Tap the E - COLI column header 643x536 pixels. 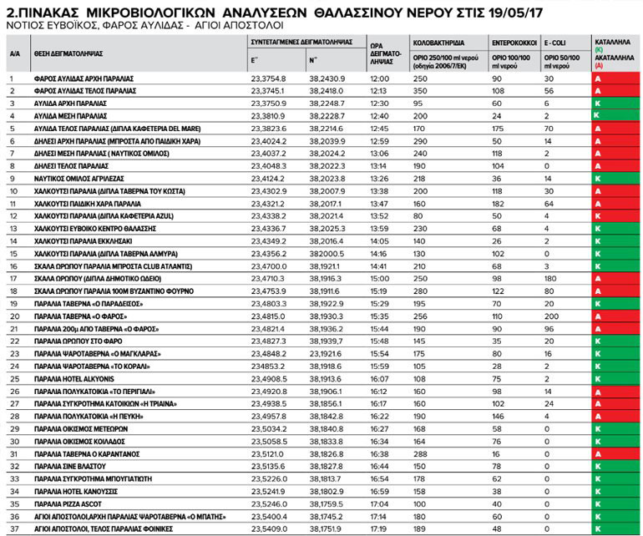(x=559, y=40)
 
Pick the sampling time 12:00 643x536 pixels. (x=381, y=78)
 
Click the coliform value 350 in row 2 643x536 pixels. (x=420, y=90)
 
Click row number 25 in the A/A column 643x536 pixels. (x=13, y=377)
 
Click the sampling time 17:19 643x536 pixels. (x=381, y=528)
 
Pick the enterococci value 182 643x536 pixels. (x=499, y=203)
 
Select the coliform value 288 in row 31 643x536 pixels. (x=420, y=453)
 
